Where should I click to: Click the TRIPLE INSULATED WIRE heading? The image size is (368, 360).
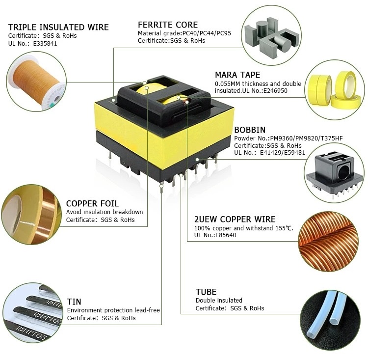coord(58,27)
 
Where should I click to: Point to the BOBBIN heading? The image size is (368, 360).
coord(250,130)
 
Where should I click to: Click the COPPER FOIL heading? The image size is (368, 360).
coord(92,203)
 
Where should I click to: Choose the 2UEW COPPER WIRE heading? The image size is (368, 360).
coord(235,219)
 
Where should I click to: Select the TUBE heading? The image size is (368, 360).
coord(206,292)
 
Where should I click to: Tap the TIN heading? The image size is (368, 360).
coord(74,302)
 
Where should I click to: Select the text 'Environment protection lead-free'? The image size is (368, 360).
coord(113,310)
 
